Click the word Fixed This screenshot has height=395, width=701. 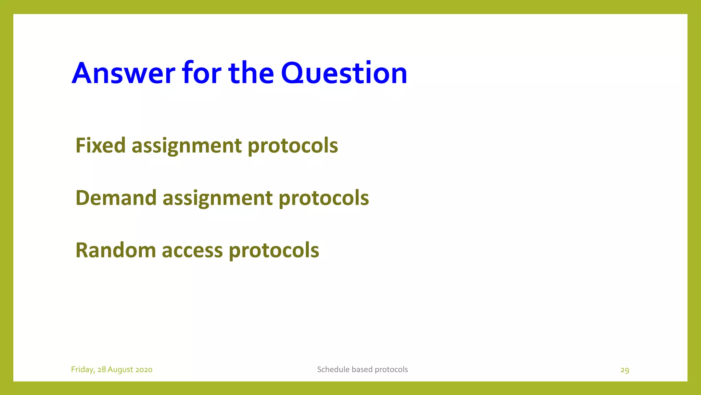coord(101,145)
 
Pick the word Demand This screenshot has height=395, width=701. coord(116,198)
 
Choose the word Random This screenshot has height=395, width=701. coord(115,250)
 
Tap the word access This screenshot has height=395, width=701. coord(192,250)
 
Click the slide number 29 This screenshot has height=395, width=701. coord(625,370)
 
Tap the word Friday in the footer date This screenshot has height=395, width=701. coord(82,370)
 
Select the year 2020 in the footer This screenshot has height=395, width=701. coord(144,370)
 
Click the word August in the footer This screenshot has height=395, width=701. coord(120,370)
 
